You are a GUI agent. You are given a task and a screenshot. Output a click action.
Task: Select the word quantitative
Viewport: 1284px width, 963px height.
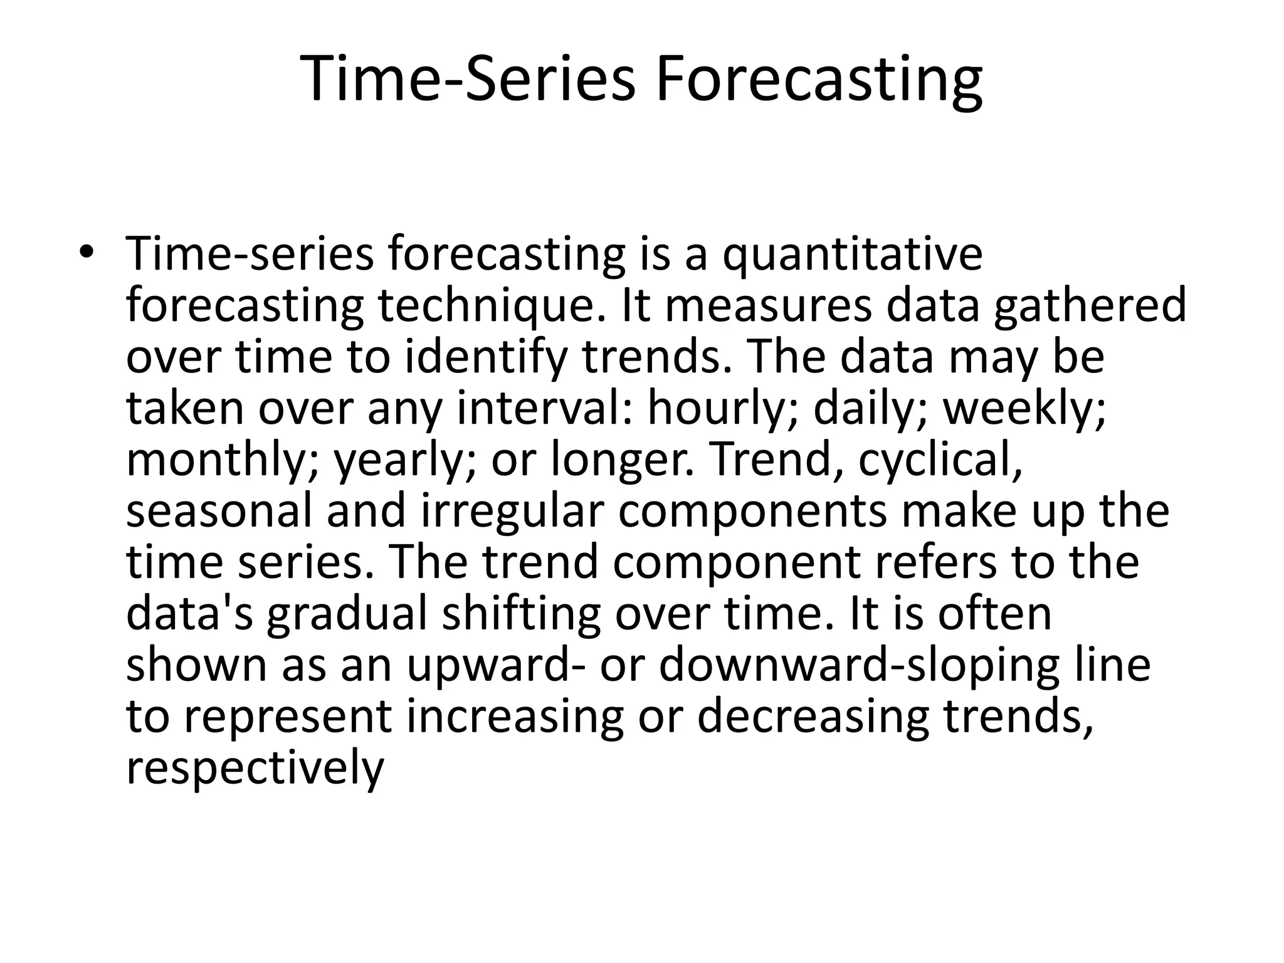[x=852, y=255]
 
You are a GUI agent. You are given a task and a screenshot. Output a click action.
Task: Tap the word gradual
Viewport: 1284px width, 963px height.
[x=347, y=614]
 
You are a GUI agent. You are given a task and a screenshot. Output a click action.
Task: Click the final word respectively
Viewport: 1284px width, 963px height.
[x=255, y=769]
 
